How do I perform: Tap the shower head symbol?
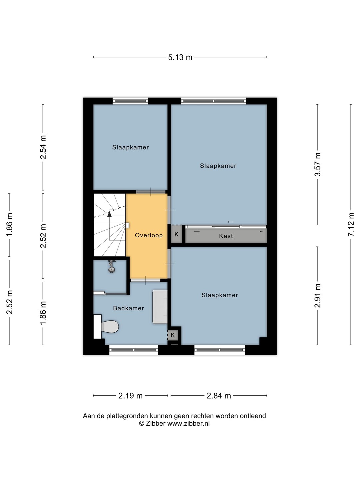112,266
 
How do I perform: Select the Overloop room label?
149,235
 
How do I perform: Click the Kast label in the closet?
226,236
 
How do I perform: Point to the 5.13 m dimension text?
180,57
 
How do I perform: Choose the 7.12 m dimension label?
351,224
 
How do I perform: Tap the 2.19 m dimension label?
130,396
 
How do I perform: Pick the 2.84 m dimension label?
219,396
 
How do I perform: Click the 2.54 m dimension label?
43,147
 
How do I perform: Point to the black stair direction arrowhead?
109,214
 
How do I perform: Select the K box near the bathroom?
172,335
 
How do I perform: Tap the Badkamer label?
129,308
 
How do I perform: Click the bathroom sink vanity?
160,307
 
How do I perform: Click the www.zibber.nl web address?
188,424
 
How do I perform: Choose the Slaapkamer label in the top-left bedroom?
130,147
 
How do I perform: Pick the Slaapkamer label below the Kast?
220,295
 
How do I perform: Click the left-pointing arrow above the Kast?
230,222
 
